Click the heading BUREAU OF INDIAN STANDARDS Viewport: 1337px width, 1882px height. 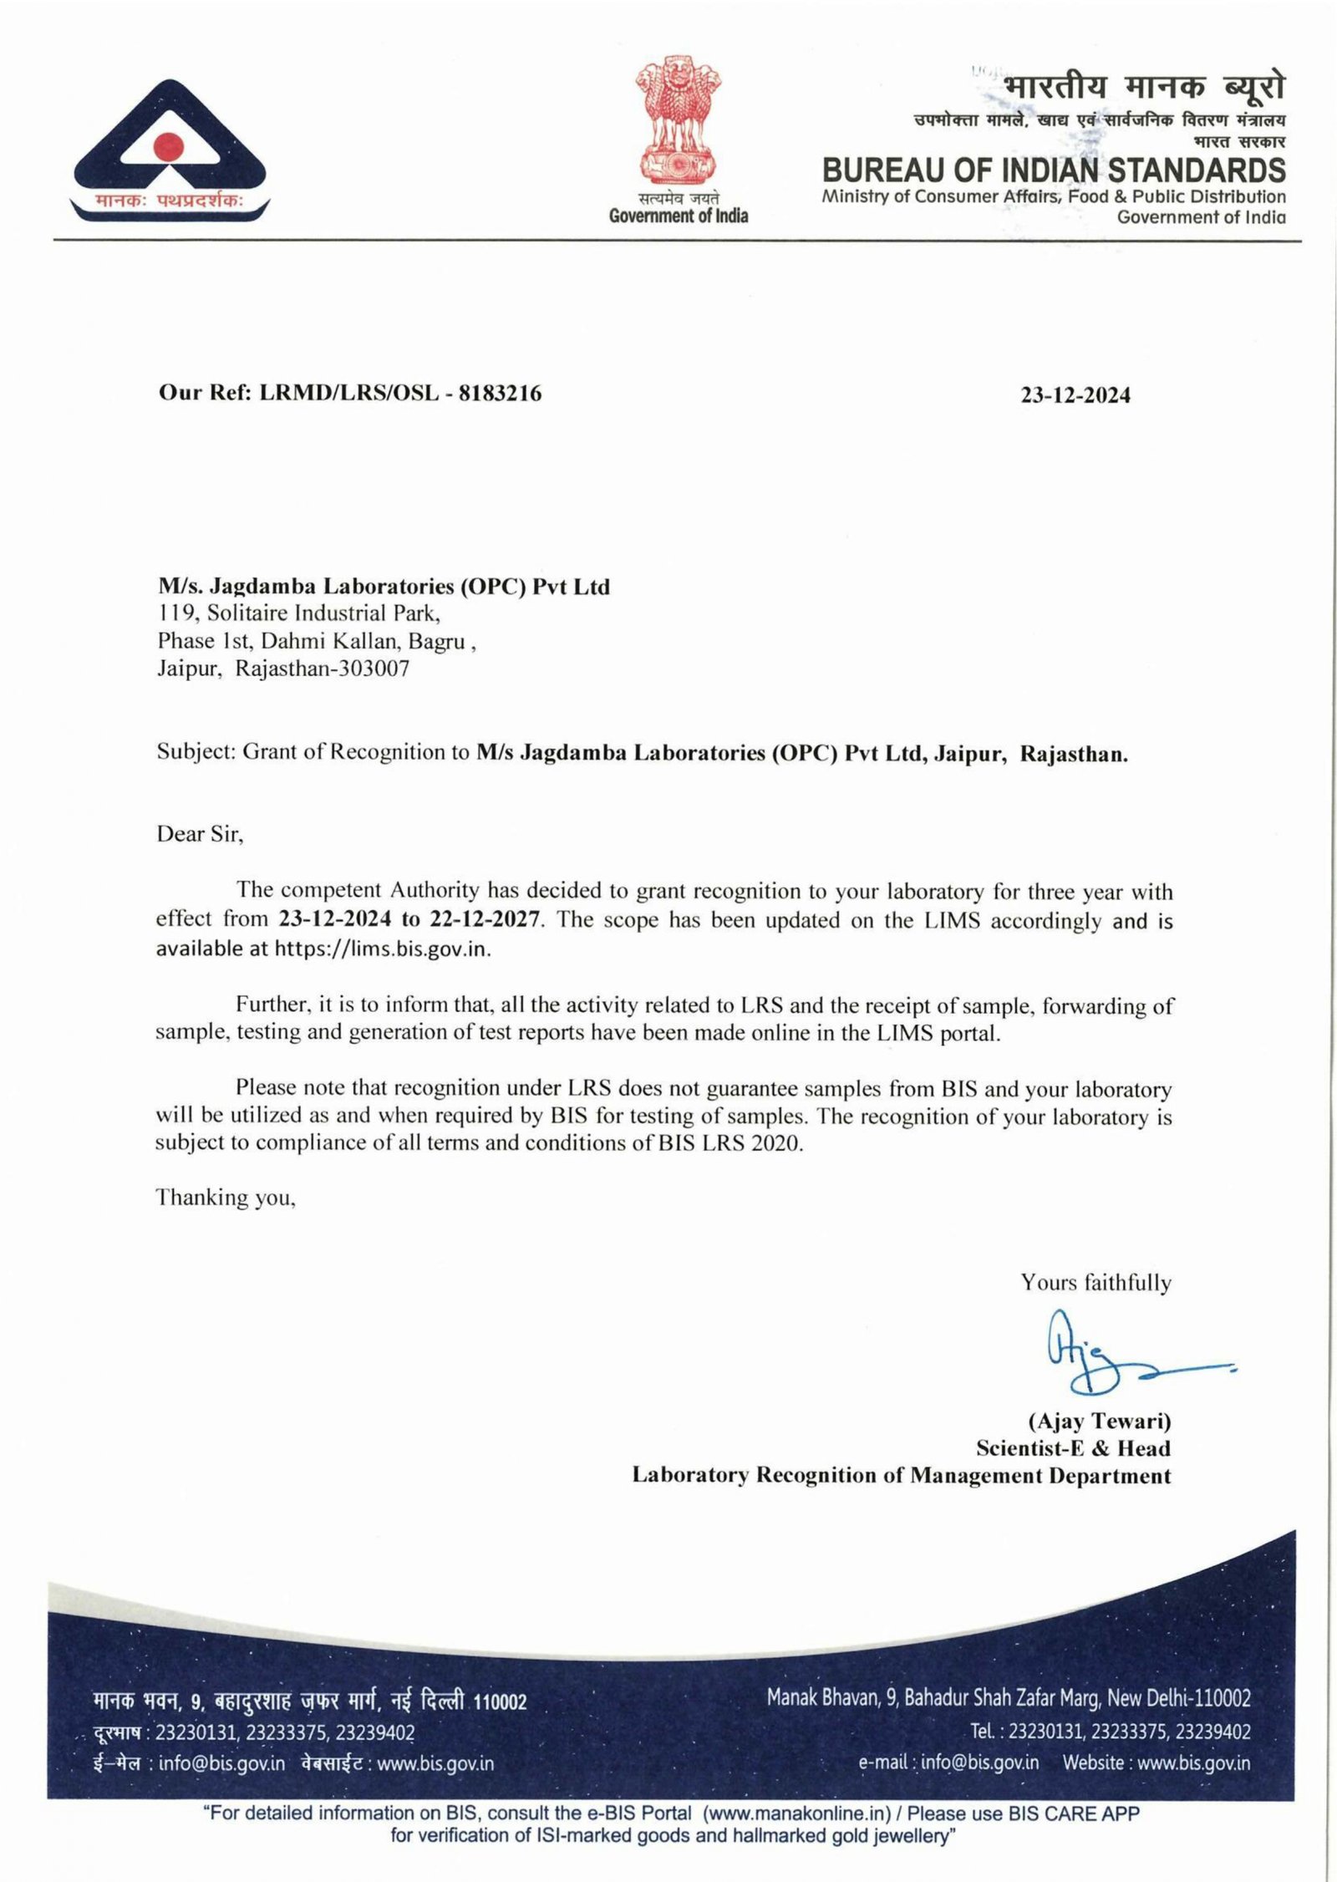coord(1054,170)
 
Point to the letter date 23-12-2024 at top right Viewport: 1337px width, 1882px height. coord(1075,395)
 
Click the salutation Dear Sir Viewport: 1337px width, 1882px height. coord(199,834)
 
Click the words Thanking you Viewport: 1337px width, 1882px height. coord(226,1198)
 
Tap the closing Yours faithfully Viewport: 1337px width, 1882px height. coord(1096,1282)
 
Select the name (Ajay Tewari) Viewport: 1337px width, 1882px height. coord(1099,1421)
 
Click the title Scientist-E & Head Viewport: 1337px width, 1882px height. coord(1073,1448)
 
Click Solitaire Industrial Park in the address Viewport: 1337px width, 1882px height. coord(323,613)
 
